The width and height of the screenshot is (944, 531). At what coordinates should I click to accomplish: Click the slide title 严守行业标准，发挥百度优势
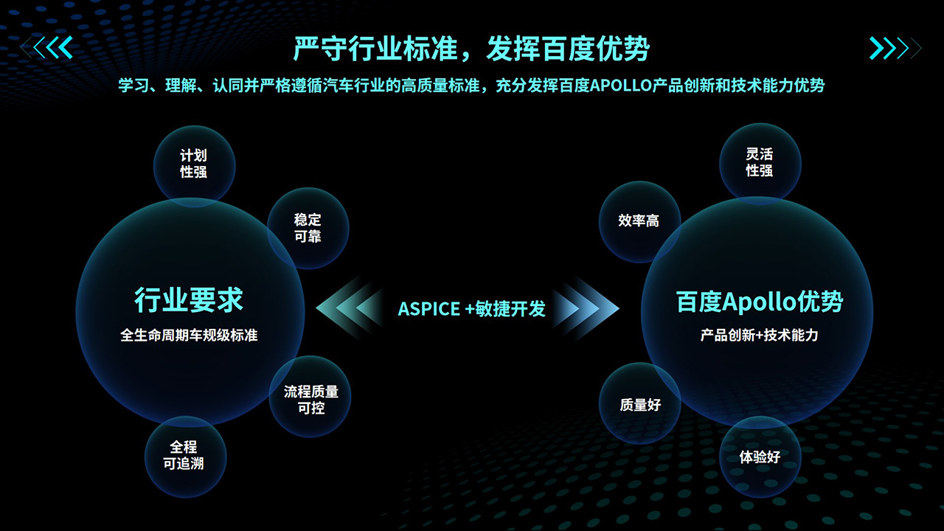[471, 49]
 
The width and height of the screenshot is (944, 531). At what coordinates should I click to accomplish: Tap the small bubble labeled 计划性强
[194, 167]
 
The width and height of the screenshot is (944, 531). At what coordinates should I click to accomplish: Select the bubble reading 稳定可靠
[308, 229]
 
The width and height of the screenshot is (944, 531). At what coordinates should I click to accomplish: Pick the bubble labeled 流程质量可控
[310, 397]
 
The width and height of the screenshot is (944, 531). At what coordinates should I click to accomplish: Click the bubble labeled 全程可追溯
[185, 457]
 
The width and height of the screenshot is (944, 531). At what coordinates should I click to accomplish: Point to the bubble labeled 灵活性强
[760, 164]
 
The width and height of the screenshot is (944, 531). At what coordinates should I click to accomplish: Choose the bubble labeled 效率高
[639, 222]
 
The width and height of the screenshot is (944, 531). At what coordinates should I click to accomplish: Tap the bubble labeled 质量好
[639, 403]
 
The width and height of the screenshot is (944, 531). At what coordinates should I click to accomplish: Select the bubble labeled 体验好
[760, 457]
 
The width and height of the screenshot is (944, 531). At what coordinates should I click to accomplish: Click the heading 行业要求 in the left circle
[189, 300]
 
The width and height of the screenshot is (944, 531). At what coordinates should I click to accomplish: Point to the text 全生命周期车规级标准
[189, 336]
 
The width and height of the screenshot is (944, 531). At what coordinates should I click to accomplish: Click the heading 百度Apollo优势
[760, 302]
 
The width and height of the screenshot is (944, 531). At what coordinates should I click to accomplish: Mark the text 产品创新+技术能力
[760, 336]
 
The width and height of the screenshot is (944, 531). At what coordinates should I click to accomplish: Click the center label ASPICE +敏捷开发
[471, 309]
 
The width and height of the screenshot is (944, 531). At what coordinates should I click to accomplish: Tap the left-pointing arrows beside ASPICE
[350, 308]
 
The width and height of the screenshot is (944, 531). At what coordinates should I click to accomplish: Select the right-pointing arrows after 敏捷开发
[586, 308]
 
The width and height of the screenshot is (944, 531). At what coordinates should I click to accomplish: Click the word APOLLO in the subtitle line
[621, 86]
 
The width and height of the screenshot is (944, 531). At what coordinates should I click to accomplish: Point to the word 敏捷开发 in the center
[510, 309]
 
